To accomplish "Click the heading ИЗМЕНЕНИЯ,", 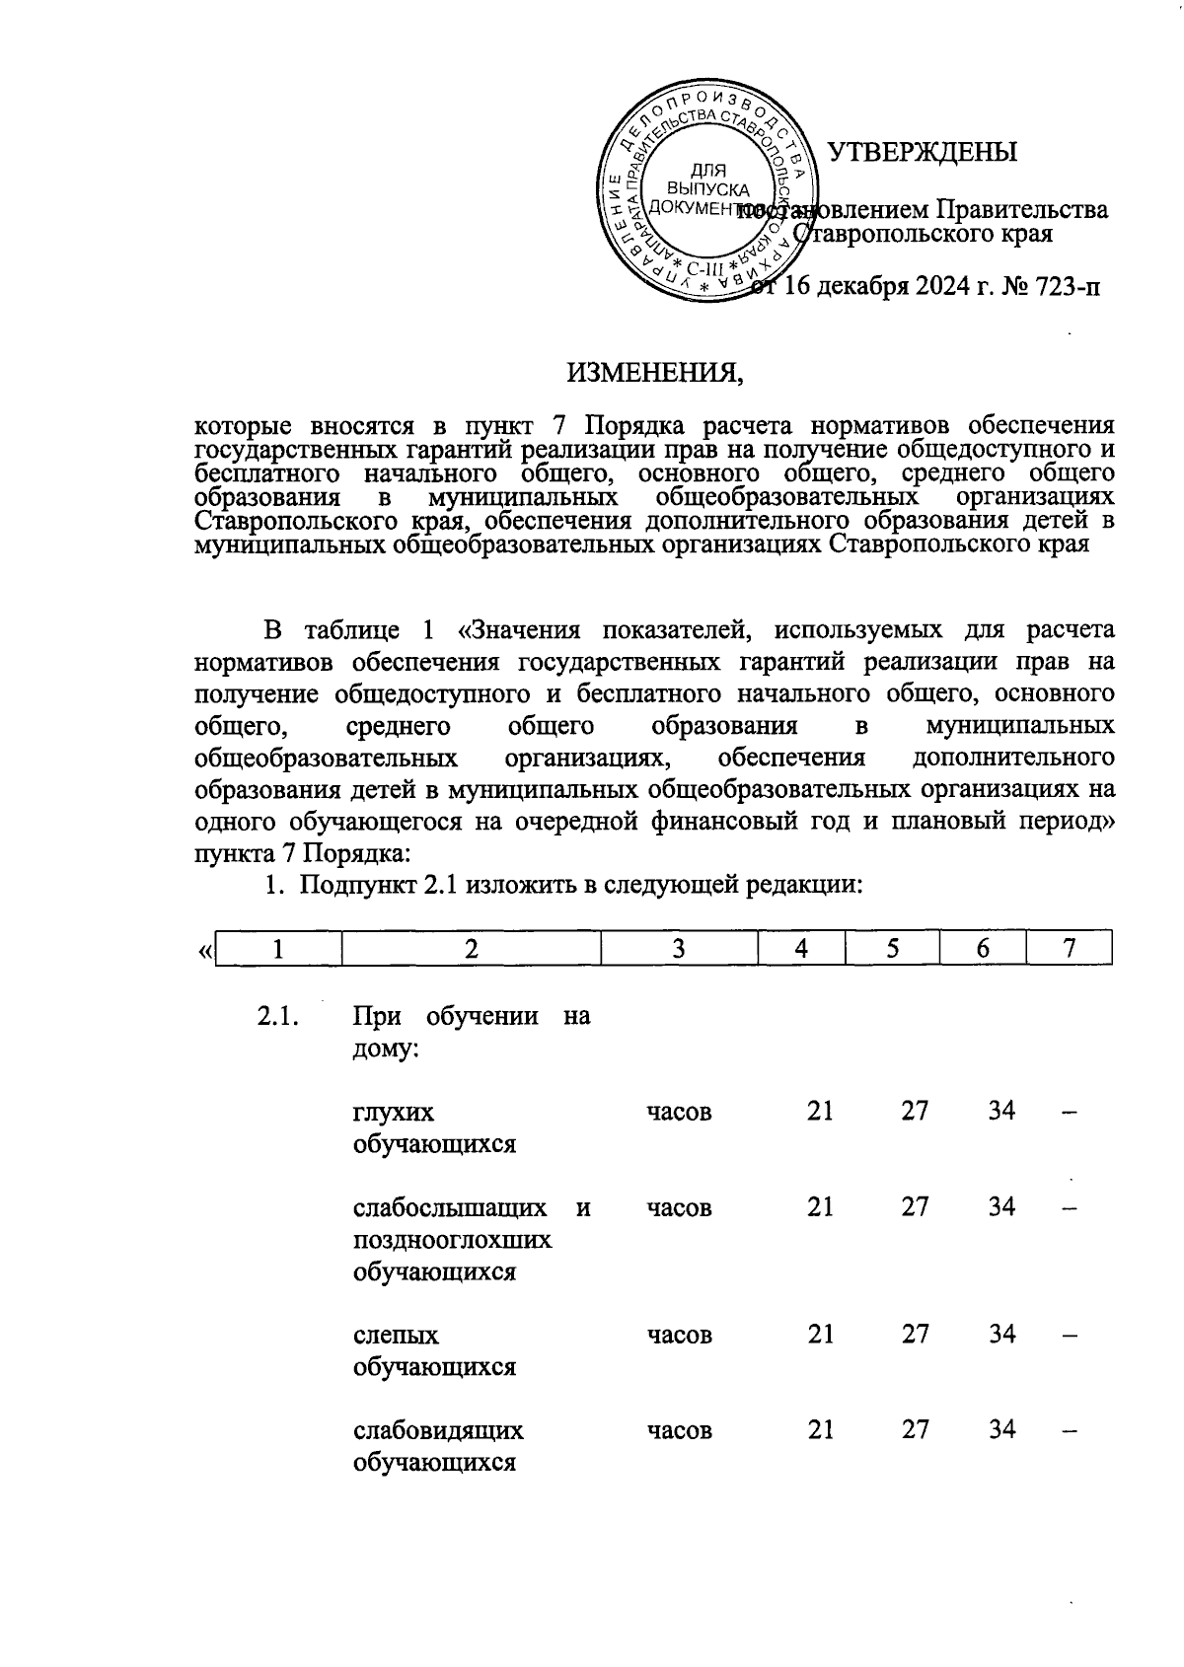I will coord(653,373).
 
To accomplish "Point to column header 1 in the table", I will coord(279,949).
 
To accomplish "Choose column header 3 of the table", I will coord(679,949).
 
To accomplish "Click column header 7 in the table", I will coord(1069,949).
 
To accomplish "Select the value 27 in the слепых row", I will coord(915,1334).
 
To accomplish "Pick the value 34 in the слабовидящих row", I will coord(1001,1429).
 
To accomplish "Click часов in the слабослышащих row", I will coord(679,1207).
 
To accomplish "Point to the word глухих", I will coord(393,1112).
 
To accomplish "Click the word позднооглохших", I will coord(452,1240).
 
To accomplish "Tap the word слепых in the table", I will coord(396,1335).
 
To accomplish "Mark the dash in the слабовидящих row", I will coord(1069,1429).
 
